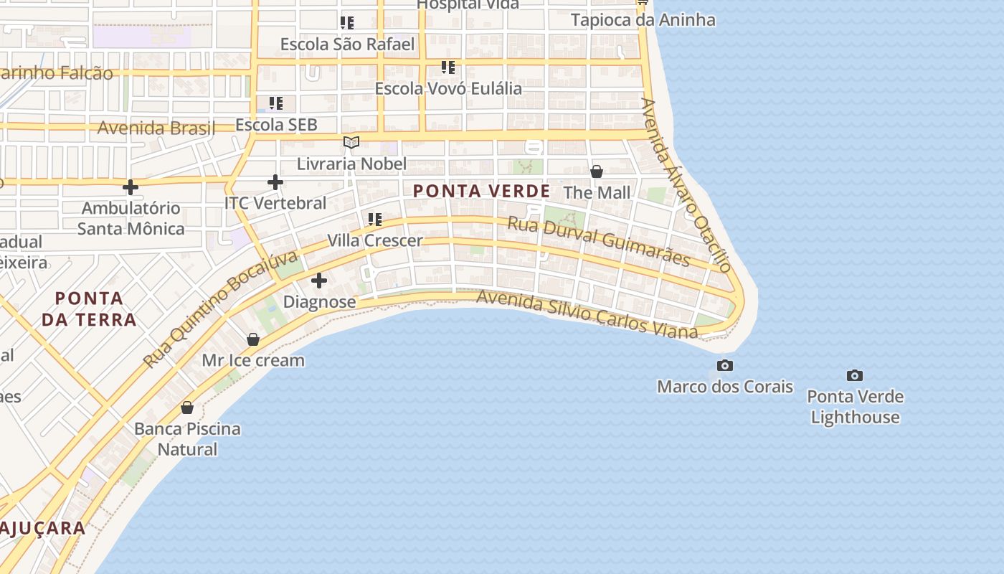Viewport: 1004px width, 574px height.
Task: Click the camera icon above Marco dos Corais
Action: coord(725,366)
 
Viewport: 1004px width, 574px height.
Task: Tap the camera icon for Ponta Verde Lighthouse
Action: coord(854,375)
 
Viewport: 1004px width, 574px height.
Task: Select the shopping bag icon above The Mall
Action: coord(596,171)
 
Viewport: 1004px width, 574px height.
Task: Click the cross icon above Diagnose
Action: coord(319,281)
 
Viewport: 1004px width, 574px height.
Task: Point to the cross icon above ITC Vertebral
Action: coord(275,182)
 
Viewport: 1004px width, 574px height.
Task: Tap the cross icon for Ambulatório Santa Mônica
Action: coord(130,187)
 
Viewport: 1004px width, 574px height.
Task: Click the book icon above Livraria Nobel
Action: coord(351,143)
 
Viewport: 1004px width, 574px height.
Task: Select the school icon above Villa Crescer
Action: coord(374,219)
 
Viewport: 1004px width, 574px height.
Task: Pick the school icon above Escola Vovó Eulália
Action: coord(448,67)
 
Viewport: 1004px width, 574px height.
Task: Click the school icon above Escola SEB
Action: coord(276,103)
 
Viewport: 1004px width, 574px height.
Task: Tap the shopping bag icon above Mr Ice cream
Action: coord(252,339)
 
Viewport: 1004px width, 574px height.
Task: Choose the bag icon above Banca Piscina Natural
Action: coord(187,408)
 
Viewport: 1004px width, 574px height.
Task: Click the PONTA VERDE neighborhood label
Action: coord(482,192)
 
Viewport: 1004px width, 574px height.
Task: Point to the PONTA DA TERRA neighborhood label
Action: coord(89,309)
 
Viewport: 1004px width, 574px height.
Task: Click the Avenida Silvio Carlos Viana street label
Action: coord(587,314)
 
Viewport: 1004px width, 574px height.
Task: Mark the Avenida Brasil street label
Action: coord(156,128)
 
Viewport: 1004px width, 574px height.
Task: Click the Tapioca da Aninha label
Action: coord(643,19)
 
